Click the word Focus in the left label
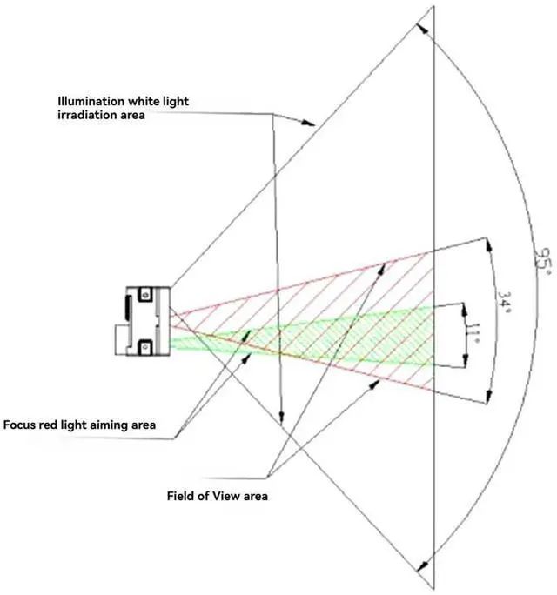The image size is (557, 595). [20, 425]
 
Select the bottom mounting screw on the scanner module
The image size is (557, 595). [146, 348]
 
